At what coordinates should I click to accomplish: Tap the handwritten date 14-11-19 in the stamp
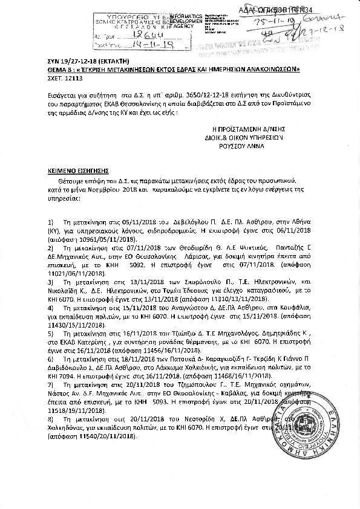point(140,45)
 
